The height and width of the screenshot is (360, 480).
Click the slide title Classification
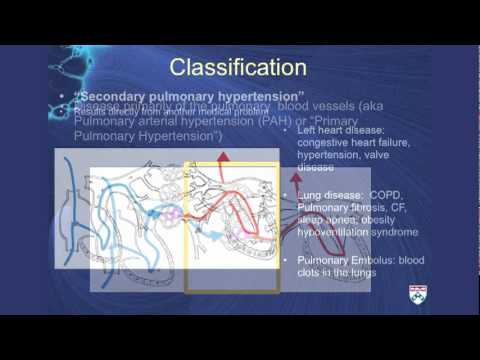pos(237,67)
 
